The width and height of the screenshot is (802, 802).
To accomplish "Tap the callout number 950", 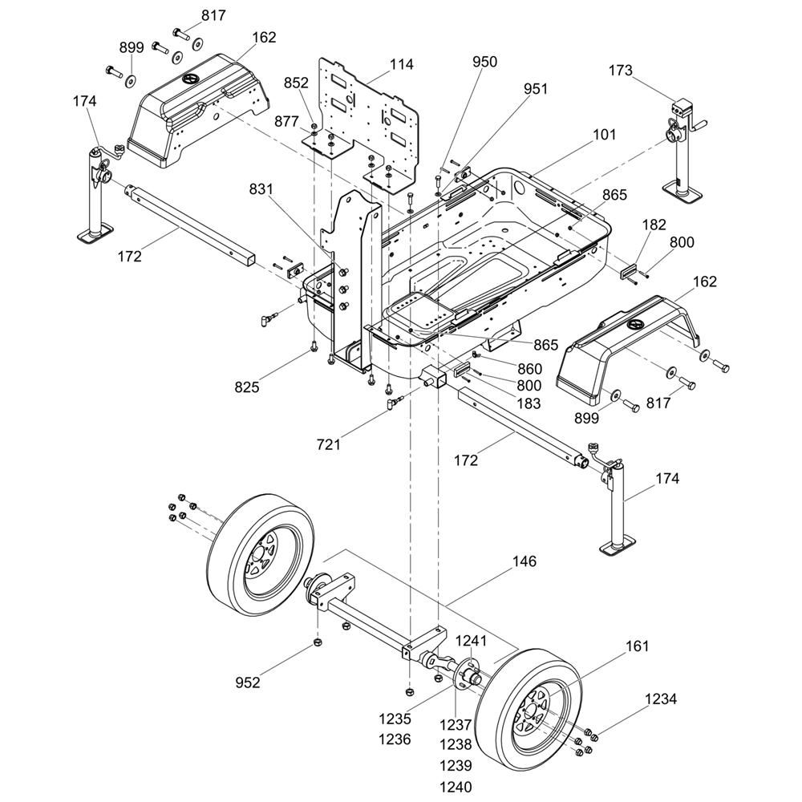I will click(x=484, y=62).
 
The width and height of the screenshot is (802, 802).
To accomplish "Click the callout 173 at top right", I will click(x=620, y=71).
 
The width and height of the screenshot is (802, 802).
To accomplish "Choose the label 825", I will click(x=247, y=387).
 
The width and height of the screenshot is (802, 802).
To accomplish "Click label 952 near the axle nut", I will click(x=248, y=683).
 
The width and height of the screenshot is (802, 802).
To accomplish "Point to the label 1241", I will click(x=472, y=640).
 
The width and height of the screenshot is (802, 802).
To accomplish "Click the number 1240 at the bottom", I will click(x=456, y=786).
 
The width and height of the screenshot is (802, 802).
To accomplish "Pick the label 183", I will click(x=529, y=404).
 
